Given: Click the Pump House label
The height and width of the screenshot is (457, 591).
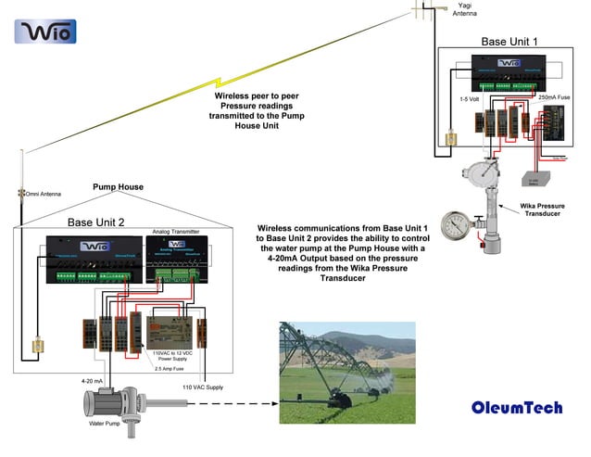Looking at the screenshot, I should (118, 186).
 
